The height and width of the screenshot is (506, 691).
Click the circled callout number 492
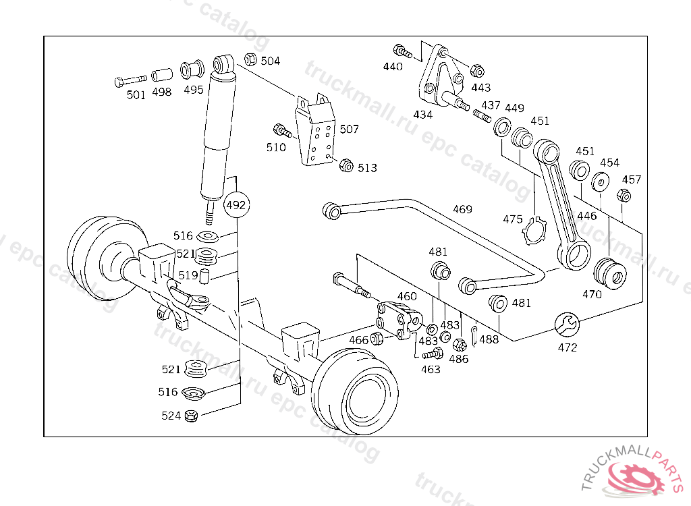[236, 205]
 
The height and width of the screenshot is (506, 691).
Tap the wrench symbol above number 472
[567, 325]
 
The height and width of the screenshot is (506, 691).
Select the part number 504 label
[270, 61]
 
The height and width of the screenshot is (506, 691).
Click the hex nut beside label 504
[250, 59]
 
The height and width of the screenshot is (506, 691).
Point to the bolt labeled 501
[130, 81]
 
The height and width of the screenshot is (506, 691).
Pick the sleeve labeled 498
[162, 75]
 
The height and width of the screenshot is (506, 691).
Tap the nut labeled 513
[346, 165]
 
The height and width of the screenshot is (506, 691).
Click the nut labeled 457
[624, 195]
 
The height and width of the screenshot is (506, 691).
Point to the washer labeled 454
[600, 181]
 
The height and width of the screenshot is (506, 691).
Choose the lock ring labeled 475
[534, 231]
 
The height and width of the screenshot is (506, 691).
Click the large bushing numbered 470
[610, 274]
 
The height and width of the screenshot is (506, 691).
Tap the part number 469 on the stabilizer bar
[462, 209]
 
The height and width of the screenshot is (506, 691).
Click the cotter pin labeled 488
[474, 336]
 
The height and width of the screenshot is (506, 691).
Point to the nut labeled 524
[191, 415]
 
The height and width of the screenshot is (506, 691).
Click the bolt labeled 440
[402, 51]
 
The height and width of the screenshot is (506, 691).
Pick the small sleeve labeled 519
[204, 276]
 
